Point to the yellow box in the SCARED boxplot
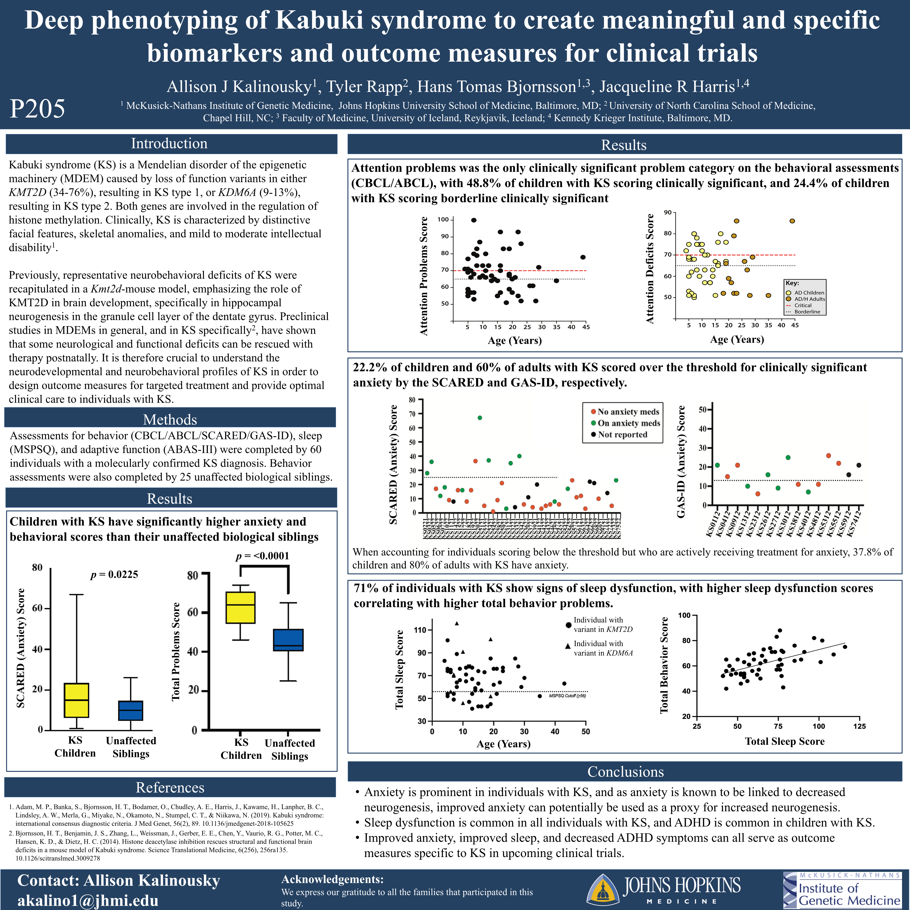coord(76,700)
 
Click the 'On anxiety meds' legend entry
coord(628,423)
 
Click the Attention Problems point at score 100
coord(474,220)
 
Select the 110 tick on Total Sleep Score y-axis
coord(420,630)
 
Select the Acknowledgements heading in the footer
coord(332,879)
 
